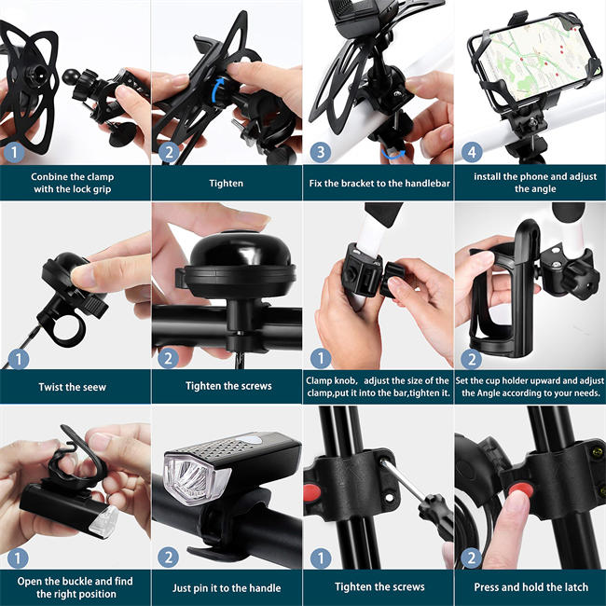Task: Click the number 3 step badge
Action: point(319,151)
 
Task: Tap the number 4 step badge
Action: point(472,151)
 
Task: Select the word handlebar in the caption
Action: point(427,184)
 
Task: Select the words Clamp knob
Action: point(336,379)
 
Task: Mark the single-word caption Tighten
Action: point(226,184)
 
